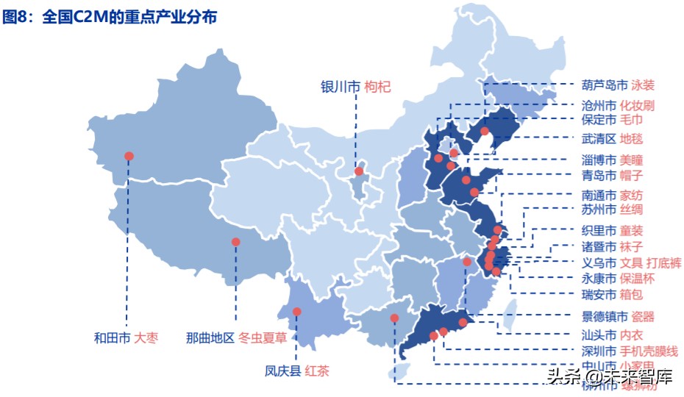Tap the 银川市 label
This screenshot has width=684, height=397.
pos(340,87)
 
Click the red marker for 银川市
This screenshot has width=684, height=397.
pos(359,171)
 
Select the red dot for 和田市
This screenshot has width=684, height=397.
pos(129,156)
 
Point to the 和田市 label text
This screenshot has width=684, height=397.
pos(112,338)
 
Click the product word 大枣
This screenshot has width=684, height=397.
pos(146,338)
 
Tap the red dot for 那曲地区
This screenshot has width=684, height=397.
pos(236,242)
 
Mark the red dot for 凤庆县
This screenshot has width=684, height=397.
pos(297,312)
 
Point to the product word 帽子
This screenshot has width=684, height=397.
pos(631,176)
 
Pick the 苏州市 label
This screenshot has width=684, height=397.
pos(599,210)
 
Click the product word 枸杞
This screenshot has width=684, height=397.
pos(377,87)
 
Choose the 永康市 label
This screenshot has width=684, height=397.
pos(599,279)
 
